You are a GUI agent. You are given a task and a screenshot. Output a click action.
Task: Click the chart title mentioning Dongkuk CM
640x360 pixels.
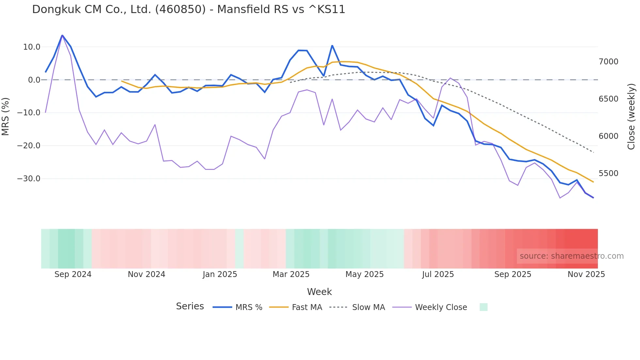point(188,9)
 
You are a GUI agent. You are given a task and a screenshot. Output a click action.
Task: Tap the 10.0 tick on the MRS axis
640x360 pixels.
point(32,47)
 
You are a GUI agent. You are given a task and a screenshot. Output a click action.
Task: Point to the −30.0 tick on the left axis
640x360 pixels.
point(29,179)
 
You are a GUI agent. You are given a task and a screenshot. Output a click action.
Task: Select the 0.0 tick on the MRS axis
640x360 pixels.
point(34,80)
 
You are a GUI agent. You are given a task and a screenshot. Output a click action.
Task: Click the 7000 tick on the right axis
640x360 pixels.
point(608,62)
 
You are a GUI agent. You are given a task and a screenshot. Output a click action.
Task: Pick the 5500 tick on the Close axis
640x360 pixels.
point(608,173)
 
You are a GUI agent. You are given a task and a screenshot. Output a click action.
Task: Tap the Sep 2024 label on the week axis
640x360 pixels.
point(73,274)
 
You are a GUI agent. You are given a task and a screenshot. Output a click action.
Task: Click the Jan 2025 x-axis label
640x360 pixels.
point(220,274)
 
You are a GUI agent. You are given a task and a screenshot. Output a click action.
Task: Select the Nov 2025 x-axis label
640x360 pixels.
point(586,274)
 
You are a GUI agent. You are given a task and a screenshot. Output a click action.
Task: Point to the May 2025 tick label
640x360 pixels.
point(364,274)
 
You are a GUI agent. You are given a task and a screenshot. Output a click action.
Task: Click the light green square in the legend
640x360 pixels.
point(483,307)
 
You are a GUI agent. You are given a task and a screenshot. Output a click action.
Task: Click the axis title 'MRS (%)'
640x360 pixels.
point(6,117)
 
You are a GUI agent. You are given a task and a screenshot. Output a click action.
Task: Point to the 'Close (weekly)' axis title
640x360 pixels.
point(631,117)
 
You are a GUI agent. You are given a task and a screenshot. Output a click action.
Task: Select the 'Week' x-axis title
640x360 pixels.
point(319,292)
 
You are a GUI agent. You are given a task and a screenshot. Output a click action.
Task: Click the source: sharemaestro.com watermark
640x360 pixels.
point(571,256)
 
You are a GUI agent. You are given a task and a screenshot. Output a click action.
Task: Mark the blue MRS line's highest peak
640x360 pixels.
point(62,35)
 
